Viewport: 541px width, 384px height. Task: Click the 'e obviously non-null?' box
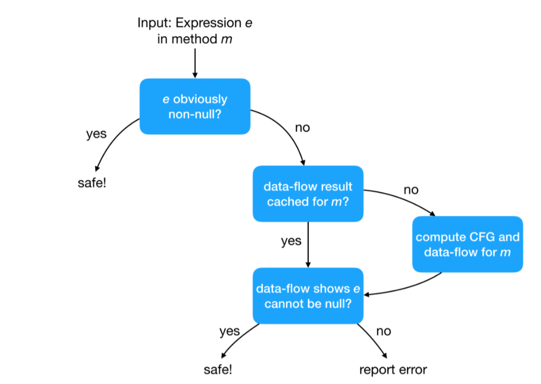195,106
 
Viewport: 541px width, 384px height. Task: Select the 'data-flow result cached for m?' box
308,194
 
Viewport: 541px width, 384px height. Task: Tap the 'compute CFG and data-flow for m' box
467,244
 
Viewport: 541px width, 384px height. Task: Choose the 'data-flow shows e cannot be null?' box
308,295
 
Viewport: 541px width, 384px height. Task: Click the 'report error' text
392,370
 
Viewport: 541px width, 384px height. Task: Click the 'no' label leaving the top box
302,127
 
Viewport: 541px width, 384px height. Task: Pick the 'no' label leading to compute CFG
411,190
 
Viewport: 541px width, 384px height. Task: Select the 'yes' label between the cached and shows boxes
291,240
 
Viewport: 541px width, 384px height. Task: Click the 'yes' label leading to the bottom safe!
229,331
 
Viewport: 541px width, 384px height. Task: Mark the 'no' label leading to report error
383,331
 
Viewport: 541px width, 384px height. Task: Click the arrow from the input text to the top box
195,63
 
